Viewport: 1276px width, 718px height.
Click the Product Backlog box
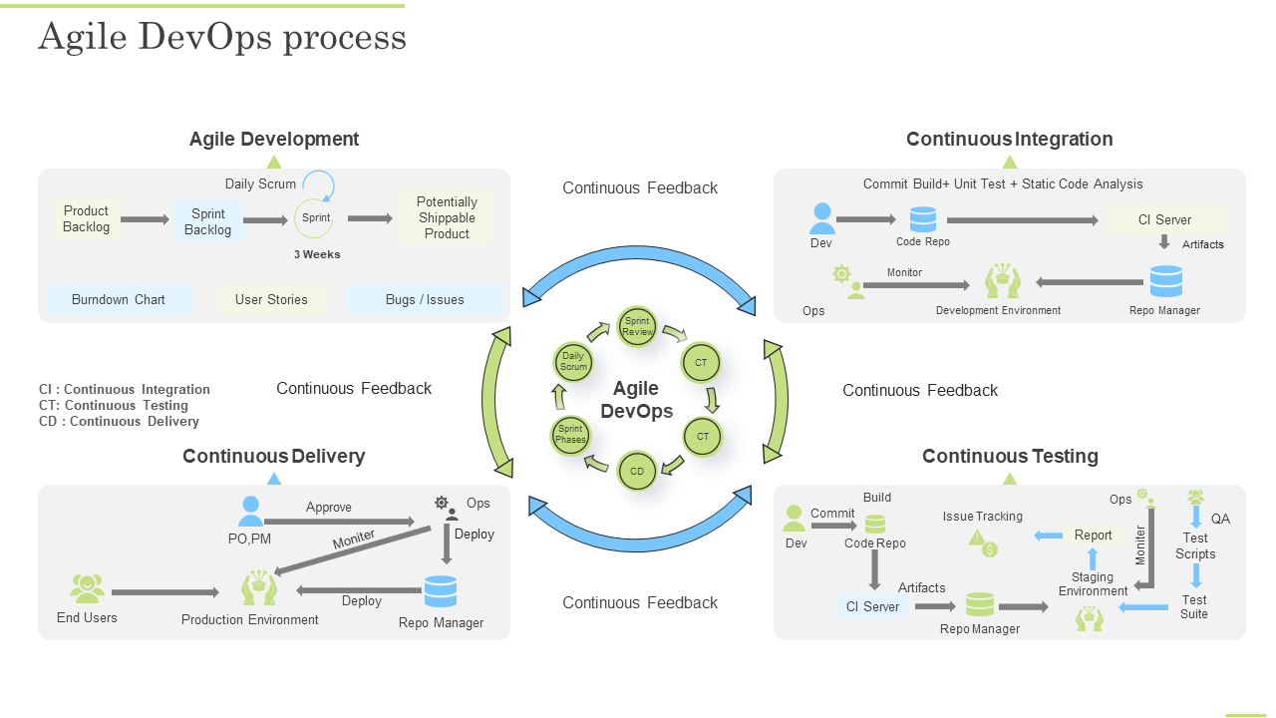(x=87, y=218)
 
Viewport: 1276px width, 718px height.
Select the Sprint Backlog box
(x=208, y=221)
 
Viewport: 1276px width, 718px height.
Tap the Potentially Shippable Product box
(x=447, y=217)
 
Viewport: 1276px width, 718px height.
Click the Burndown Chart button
(x=119, y=299)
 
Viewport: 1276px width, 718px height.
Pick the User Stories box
(x=271, y=299)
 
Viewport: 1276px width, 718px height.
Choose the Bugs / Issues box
(x=425, y=299)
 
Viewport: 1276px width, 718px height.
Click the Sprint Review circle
(x=637, y=326)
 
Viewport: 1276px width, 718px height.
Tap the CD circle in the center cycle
(x=637, y=472)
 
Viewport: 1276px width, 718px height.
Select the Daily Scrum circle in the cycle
(x=573, y=361)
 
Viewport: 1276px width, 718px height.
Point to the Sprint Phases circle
(x=571, y=435)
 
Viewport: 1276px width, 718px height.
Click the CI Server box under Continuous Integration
(x=1164, y=219)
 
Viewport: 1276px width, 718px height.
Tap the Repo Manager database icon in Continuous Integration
(x=1165, y=282)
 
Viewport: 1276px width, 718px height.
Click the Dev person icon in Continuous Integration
(x=822, y=218)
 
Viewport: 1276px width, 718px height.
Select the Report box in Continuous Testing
(x=1093, y=536)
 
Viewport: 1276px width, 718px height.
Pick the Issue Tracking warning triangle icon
(x=978, y=538)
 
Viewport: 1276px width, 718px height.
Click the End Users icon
(x=88, y=589)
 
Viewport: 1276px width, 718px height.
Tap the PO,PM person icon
(x=250, y=512)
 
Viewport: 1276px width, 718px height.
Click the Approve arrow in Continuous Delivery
(x=340, y=521)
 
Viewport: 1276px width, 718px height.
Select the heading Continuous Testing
(x=1010, y=456)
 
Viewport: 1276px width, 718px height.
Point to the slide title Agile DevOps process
(x=222, y=37)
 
